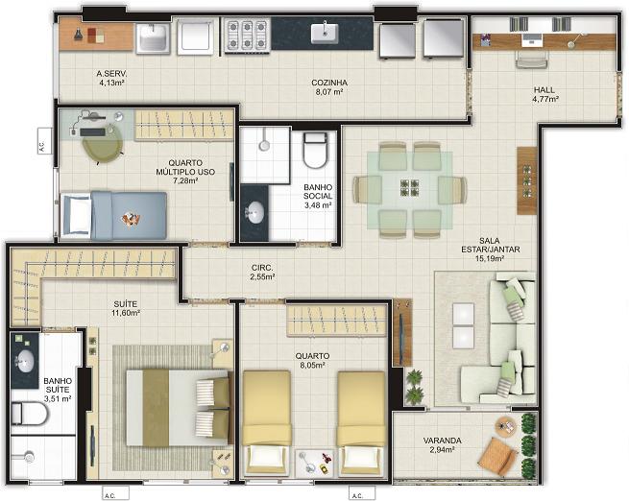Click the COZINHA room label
tap(329, 83)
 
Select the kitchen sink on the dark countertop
tap(325, 34)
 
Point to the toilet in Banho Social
tap(315, 151)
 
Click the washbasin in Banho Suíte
tap(24, 360)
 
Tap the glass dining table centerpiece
tap(410, 187)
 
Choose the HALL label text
tap(544, 90)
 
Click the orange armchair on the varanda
tap(496, 455)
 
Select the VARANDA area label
tap(442, 441)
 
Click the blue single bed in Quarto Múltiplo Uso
tap(113, 216)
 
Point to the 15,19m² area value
tap(490, 258)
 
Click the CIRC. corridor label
tap(262, 268)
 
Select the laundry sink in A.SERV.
tap(154, 38)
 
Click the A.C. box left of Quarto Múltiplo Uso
tap(45, 141)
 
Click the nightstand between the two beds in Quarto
tap(315, 463)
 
